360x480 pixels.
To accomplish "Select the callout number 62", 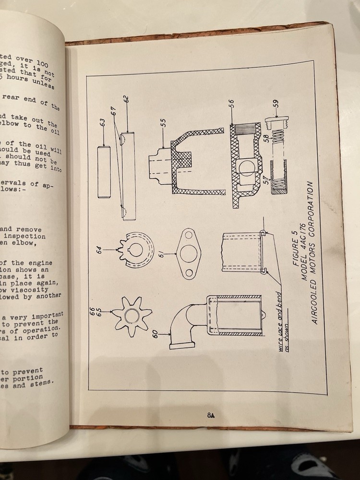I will [126, 100].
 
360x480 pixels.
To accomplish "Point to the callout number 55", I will [163, 123].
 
